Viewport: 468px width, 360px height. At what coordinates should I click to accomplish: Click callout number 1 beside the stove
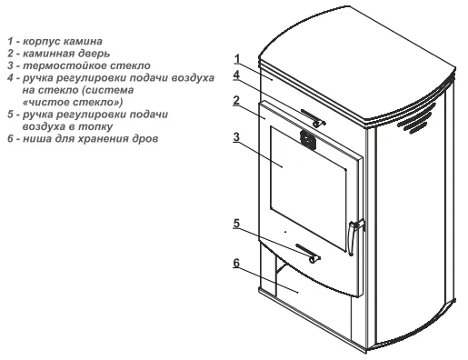237,59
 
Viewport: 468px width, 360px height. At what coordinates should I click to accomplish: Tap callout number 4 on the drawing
236,75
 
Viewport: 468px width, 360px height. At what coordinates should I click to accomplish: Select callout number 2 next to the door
236,101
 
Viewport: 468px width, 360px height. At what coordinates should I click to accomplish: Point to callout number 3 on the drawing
236,137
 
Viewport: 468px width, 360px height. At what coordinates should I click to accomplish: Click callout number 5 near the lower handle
236,224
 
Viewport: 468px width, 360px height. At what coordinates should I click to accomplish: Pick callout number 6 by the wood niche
236,263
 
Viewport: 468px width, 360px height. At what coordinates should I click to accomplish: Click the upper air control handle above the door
313,118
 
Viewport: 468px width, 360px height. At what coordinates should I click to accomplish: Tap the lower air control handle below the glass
308,253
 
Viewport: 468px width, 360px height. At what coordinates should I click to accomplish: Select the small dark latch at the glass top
308,140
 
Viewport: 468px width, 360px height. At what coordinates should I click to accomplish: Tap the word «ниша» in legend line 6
35,139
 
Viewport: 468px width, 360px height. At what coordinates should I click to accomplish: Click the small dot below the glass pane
285,232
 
